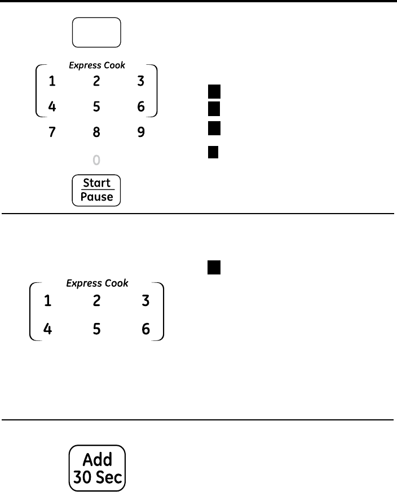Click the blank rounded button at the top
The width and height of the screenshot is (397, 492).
96,33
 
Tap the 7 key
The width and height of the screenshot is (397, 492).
52,133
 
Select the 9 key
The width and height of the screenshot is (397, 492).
141,133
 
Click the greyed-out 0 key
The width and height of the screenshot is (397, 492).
96,161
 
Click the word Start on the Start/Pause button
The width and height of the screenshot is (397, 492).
96,183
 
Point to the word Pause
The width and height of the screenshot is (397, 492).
96,197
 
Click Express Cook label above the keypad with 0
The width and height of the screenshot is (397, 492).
97,65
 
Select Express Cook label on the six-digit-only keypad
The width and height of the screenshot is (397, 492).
97,283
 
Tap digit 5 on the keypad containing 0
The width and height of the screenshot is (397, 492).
96,107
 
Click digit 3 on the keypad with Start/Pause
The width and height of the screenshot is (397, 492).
141,81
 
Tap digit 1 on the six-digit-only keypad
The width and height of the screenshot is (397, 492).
48,302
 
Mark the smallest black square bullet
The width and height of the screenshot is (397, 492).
213,153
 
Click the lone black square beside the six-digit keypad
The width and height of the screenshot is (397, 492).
213,268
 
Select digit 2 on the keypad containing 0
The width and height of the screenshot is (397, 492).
96,81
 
